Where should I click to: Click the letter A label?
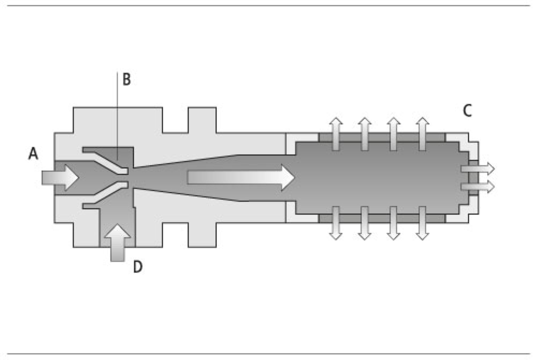33,154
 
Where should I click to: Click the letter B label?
126,80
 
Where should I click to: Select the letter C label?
467,111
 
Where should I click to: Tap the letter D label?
138,267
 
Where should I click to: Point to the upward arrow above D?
118,243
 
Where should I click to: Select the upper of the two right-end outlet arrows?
477,169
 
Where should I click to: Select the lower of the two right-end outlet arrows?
477,186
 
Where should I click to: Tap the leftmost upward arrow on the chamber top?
336,133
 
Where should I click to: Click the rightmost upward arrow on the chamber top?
423,133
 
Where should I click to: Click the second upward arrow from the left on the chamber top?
365,133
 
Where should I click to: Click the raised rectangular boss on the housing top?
202,119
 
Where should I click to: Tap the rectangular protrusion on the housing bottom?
202,234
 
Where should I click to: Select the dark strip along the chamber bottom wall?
381,218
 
